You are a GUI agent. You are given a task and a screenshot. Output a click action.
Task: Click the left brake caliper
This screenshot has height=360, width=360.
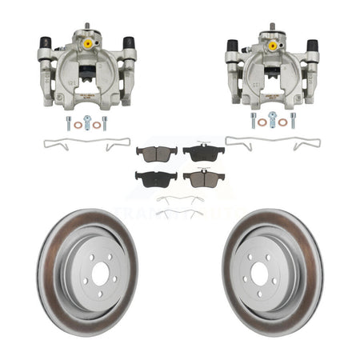pyautogui.click(x=86, y=71)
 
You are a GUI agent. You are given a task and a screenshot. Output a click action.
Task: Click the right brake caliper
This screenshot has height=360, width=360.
pyautogui.click(x=272, y=70)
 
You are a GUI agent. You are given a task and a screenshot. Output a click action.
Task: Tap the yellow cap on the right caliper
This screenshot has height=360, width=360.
pyautogui.click(x=272, y=46)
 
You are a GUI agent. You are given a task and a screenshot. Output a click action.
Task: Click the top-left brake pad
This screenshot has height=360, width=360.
pyautogui.click(x=149, y=151)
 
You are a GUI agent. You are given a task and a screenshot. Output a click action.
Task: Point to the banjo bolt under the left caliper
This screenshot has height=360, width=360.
pyautogui.click(x=88, y=122)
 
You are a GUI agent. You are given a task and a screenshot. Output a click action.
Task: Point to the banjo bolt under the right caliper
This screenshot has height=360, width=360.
pyautogui.click(x=273, y=122)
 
